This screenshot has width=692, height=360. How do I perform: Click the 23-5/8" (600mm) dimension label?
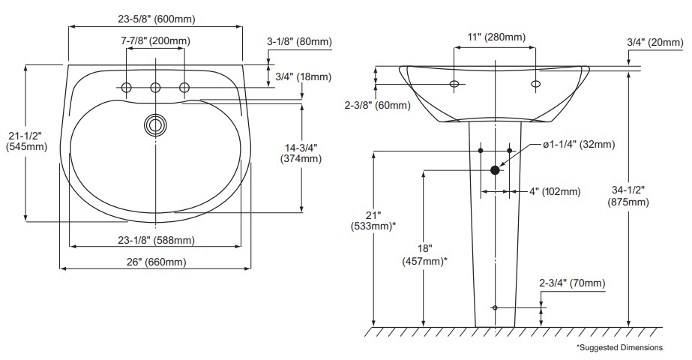156,18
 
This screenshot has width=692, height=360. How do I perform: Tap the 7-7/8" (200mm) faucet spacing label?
155,40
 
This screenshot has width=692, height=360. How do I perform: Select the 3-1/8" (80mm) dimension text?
299,42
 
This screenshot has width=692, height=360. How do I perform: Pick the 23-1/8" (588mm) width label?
156,240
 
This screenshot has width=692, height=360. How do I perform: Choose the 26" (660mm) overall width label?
155,262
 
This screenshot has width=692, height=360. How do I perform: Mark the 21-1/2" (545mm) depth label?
25,141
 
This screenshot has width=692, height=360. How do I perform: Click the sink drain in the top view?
156,124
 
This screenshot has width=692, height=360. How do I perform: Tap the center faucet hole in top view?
156,88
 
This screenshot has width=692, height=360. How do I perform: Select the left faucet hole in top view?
127,88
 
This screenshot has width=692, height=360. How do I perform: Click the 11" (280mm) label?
496,37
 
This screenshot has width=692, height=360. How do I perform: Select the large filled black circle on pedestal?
495,170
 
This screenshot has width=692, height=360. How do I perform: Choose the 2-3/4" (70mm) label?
571,283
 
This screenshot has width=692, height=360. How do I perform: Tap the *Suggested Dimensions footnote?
619,347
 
